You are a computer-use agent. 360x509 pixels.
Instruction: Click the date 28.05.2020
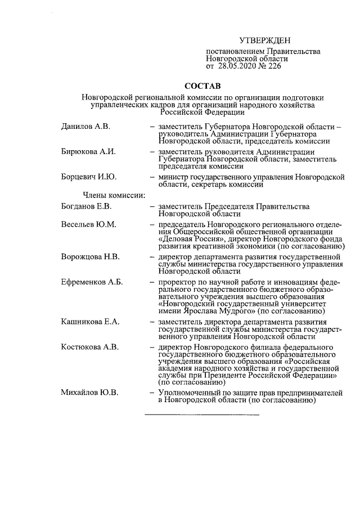(x=237, y=66)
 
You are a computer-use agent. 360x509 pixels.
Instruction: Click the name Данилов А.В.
(x=85, y=126)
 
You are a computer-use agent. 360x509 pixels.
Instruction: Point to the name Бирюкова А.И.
(x=87, y=152)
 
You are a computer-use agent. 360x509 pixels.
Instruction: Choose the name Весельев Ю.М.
(x=88, y=225)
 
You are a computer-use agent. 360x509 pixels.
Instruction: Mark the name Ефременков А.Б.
(x=92, y=282)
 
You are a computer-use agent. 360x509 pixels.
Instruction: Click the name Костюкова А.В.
(x=90, y=346)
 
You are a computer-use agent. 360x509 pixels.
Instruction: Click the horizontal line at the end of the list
(x=202, y=415)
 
